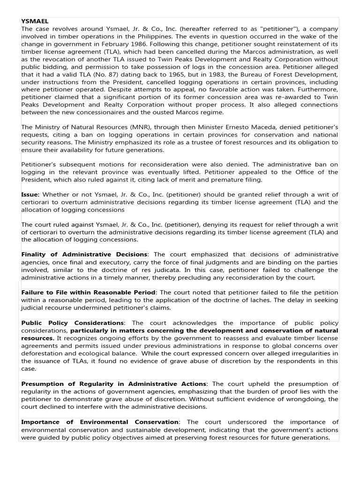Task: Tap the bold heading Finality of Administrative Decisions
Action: tap(84, 254)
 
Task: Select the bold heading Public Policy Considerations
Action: tap(73, 322)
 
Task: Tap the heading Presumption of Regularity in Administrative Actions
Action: tap(113, 384)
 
